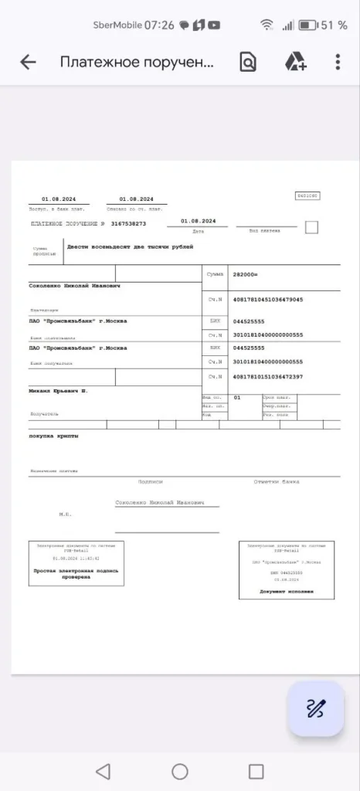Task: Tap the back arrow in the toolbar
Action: [x=28, y=63]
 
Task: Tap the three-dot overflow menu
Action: [x=338, y=62]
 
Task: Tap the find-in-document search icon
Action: [x=248, y=63]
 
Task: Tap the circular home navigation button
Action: [x=180, y=771]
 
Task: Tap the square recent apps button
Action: [x=256, y=771]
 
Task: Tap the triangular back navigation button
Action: [x=103, y=771]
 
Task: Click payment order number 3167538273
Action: [x=128, y=223]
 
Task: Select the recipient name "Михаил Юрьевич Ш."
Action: [x=58, y=391]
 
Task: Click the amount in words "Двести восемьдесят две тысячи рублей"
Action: [x=130, y=247]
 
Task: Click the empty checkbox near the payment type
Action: [x=311, y=227]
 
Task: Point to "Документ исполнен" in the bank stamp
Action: [x=287, y=592]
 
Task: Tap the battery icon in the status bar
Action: [x=308, y=25]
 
